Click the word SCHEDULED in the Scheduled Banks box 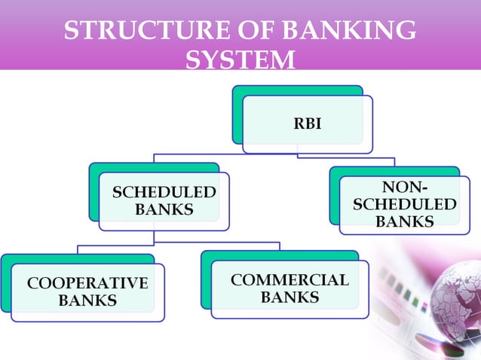click(164, 193)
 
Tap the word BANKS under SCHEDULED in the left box click(164, 209)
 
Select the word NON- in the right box click(404, 188)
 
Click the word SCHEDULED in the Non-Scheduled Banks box click(404, 205)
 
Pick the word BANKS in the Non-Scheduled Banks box click(404, 221)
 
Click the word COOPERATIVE click(87, 283)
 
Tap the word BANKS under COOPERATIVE click(87, 301)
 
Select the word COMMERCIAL click(290, 280)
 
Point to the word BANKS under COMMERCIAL click(290, 297)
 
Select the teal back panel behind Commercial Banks click(205, 279)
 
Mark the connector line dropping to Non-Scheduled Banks click(394, 161)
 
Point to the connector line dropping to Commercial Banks click(280, 246)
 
